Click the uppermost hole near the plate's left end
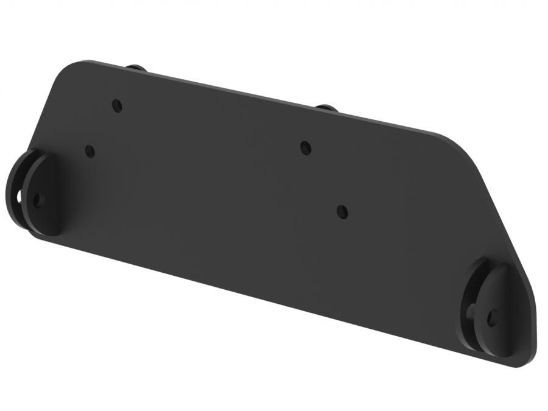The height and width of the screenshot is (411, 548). tap(117, 105)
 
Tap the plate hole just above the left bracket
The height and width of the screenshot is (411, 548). tap(90, 151)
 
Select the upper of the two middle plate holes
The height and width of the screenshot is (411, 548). tap(306, 147)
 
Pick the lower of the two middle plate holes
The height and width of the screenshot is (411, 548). tap(343, 212)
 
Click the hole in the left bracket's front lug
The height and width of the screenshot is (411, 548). tap(38, 200)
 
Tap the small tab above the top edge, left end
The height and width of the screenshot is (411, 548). tap(136, 67)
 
